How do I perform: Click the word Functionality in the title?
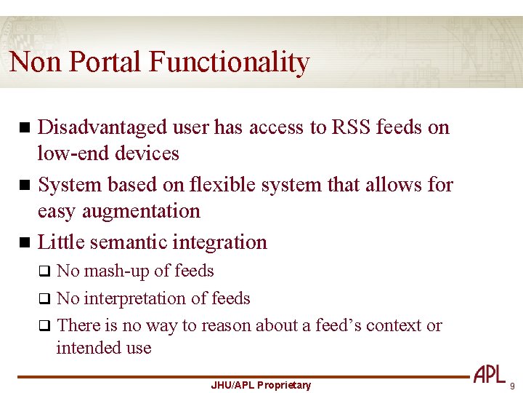(230, 63)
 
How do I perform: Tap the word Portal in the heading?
(107, 63)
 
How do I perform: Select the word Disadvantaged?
(102, 127)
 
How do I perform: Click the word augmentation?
(139, 212)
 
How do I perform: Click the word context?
(394, 325)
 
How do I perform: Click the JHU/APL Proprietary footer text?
(260, 385)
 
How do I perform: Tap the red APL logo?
(489, 375)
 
